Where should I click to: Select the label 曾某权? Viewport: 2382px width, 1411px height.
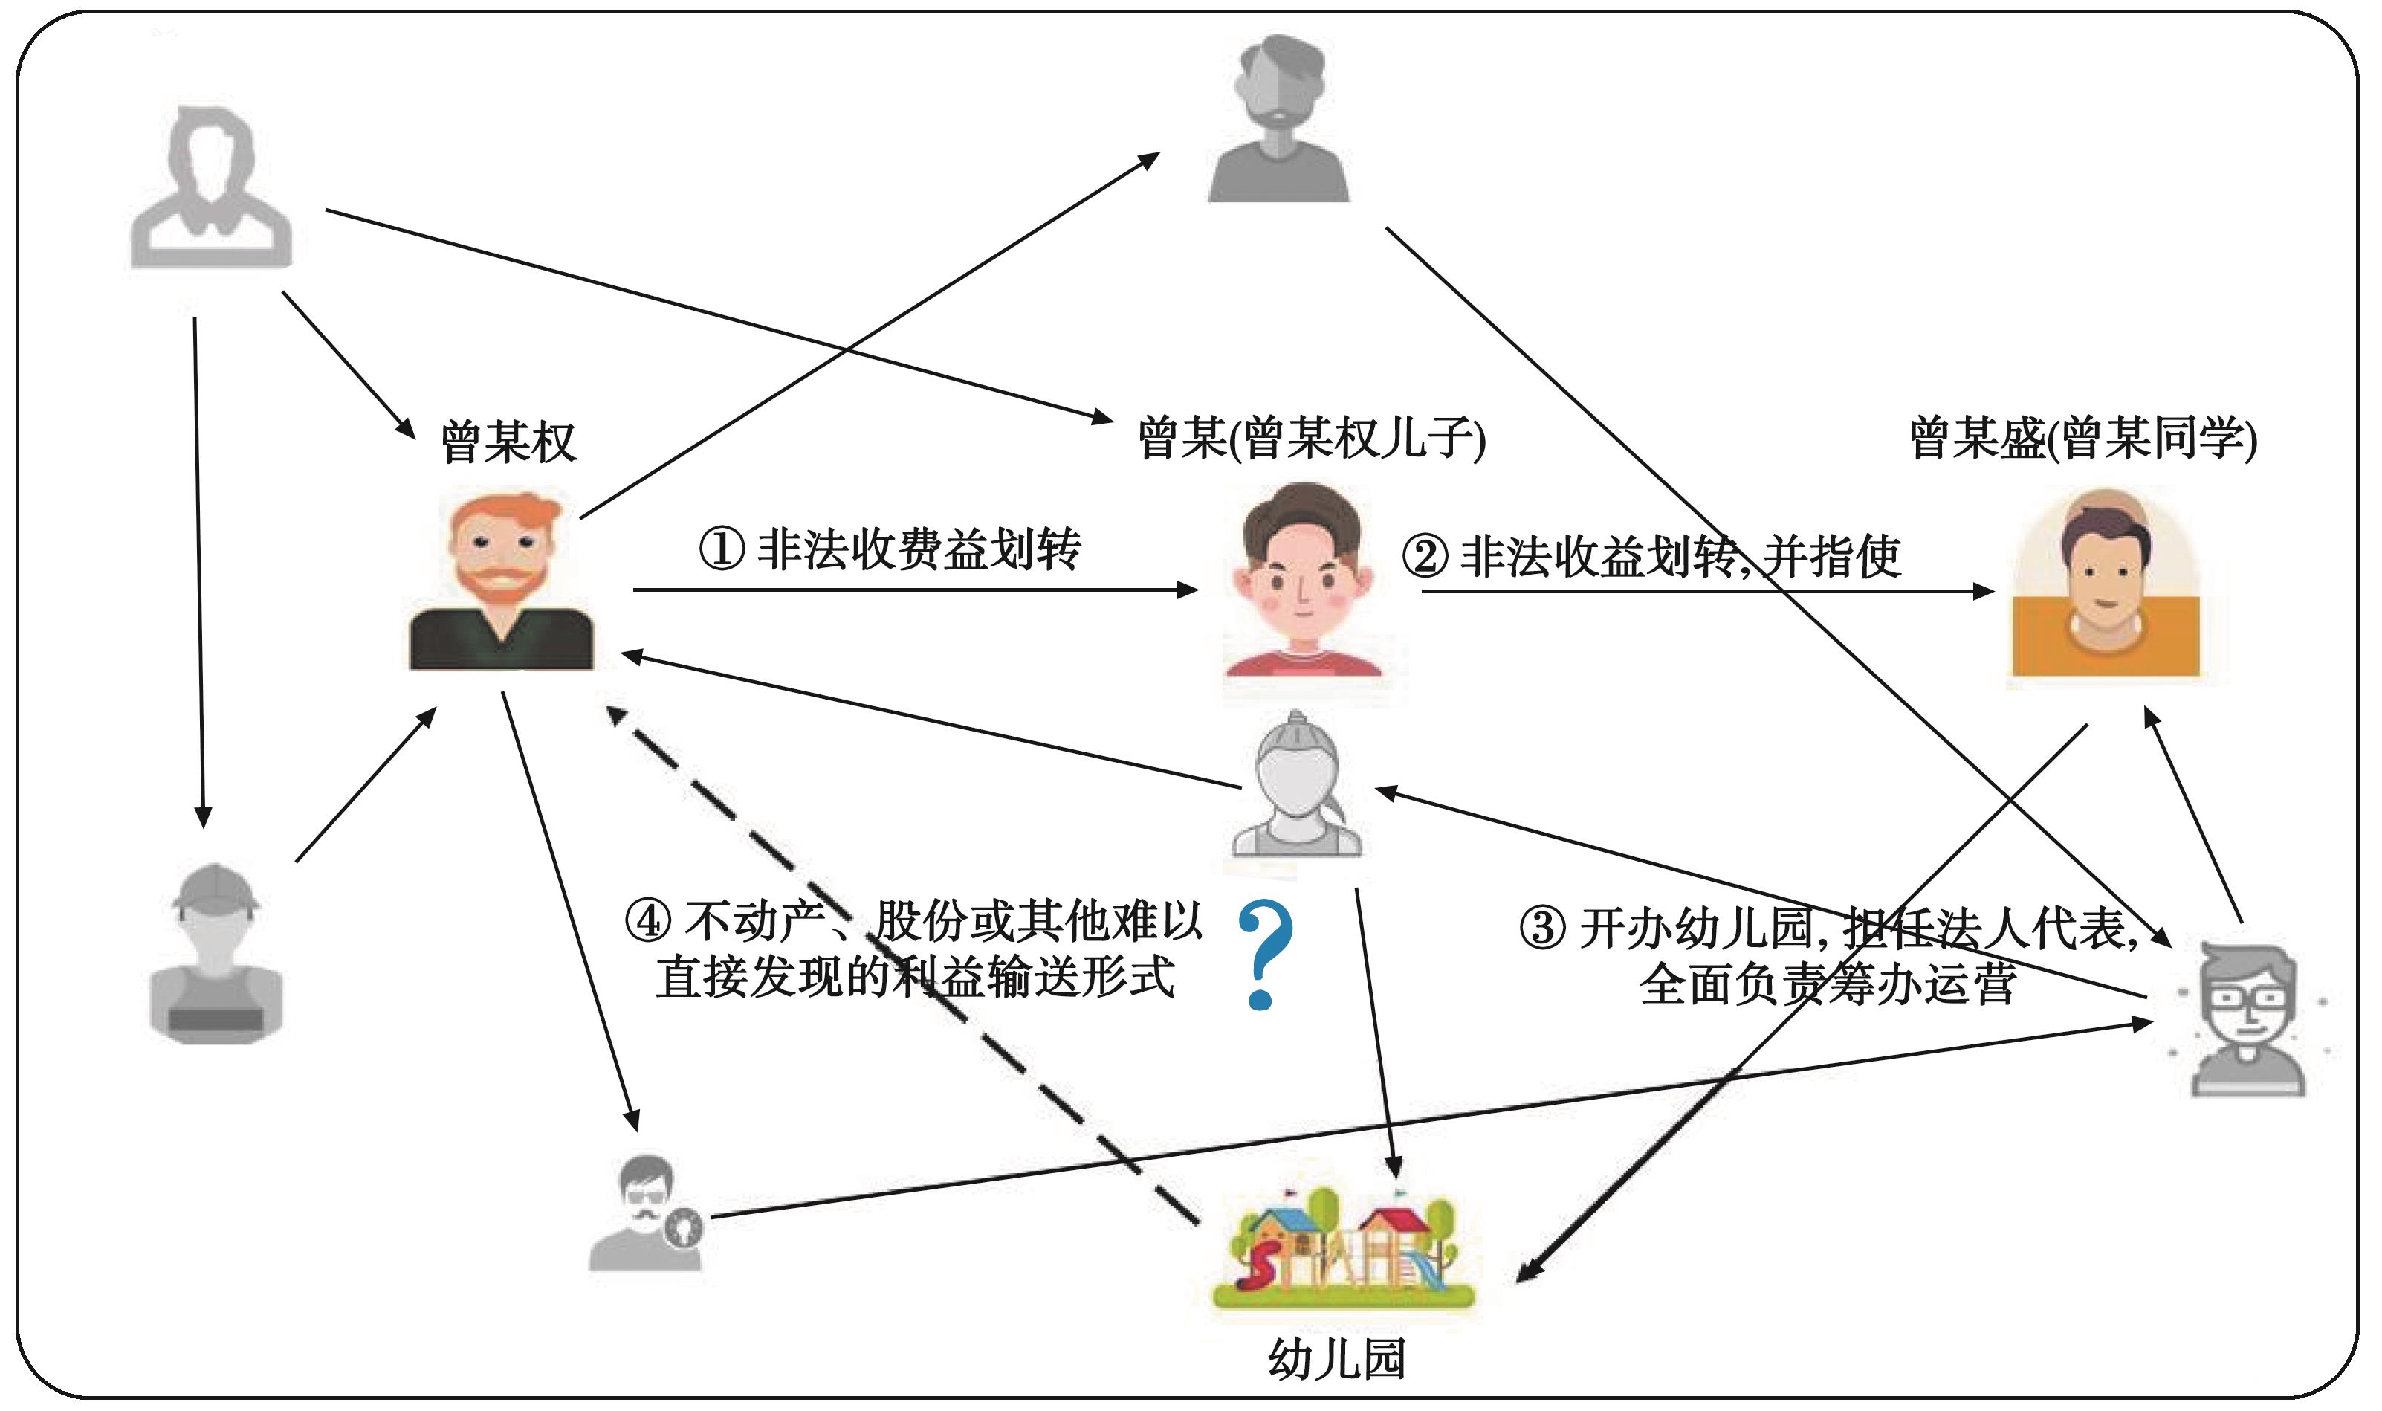click(x=508, y=442)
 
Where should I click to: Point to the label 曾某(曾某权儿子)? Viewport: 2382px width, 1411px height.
click(x=1311, y=439)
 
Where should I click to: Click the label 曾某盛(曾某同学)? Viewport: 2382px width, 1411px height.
click(x=2082, y=439)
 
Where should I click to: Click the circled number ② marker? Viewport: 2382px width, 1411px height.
click(x=1425, y=556)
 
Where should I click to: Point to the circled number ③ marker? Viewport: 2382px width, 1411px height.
click(x=1541, y=927)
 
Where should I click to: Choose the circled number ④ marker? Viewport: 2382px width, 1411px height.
click(x=648, y=920)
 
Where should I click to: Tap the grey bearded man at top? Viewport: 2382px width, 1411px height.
click(x=1279, y=119)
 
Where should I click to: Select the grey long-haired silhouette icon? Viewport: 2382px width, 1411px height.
click(x=211, y=185)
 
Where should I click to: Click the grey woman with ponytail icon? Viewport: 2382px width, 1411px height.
click(x=1296, y=785)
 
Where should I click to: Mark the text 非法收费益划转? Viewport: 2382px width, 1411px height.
click(x=918, y=549)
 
